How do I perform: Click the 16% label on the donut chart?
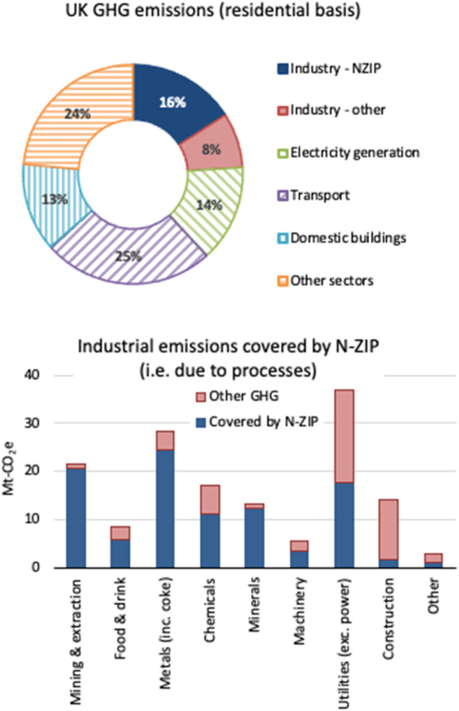[173, 102]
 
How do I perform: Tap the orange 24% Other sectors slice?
[78, 113]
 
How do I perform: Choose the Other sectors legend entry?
[332, 280]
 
